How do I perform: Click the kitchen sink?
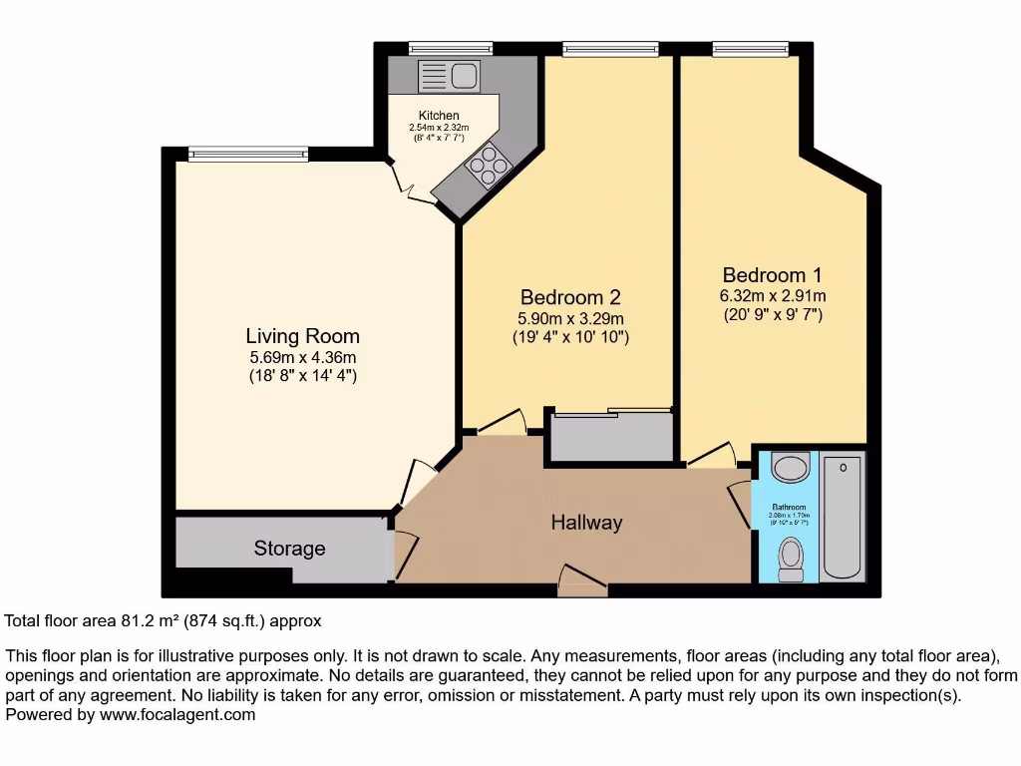click(x=449, y=76)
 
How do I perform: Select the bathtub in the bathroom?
click(x=844, y=517)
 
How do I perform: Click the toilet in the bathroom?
click(x=792, y=559)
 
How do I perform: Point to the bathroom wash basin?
click(x=792, y=468)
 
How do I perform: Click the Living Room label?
click(x=302, y=336)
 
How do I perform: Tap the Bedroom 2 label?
click(x=570, y=297)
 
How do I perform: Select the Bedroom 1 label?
click(x=773, y=275)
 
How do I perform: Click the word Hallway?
click(x=586, y=523)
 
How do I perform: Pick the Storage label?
click(x=289, y=549)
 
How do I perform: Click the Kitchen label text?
click(x=439, y=117)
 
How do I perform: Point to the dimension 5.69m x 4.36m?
click(x=302, y=357)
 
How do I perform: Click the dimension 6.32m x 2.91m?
click(x=773, y=296)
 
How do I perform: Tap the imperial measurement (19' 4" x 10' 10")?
click(x=570, y=338)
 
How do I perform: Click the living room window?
click(x=247, y=154)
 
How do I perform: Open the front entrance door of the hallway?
click(x=583, y=583)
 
